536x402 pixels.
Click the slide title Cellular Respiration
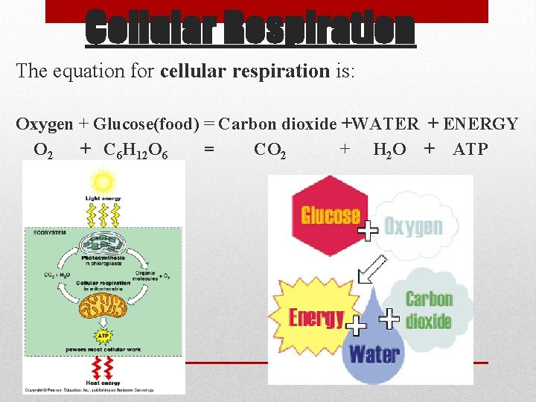249,28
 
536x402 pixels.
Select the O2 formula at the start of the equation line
43,150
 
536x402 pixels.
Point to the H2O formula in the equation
389,150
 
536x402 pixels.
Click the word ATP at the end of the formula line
470,150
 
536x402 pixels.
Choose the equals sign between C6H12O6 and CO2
209,150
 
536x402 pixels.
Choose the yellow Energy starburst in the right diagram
313,318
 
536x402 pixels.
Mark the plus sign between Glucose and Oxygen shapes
368,231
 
